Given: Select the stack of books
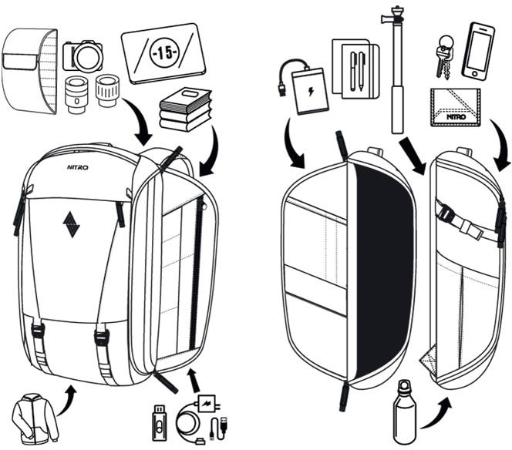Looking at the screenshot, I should click(x=185, y=109).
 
